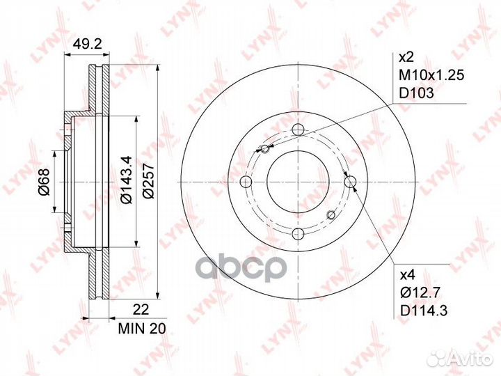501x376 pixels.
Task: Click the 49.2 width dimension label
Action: [87, 44]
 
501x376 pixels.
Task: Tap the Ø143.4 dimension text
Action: [125, 180]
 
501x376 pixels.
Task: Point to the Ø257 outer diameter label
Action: [148, 181]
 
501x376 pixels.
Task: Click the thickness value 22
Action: [141, 310]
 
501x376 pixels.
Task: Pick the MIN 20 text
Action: [142, 329]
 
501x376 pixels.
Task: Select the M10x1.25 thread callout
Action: [431, 75]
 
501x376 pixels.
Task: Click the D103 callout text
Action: [417, 93]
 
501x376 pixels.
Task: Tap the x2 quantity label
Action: [406, 58]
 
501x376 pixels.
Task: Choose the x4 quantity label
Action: [407, 274]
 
